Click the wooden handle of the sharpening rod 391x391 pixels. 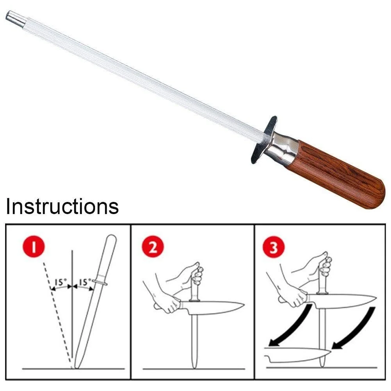[x=339, y=175]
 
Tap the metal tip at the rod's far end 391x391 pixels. [x=16, y=18]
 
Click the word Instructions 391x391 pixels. [x=62, y=206]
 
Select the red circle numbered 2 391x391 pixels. [x=153, y=248]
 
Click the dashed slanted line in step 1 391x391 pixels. [x=57, y=315]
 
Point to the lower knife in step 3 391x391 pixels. [x=297, y=355]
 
